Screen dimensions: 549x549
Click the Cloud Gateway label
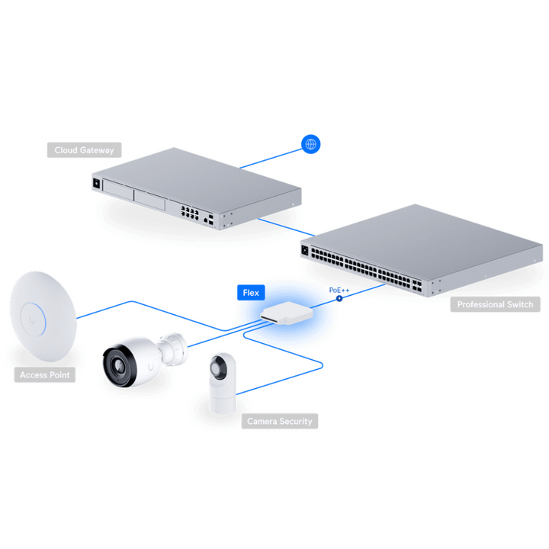point(85,150)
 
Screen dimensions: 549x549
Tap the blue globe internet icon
point(310,144)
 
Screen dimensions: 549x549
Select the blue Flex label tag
point(251,293)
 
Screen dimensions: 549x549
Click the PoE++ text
point(339,291)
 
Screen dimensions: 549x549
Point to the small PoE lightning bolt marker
point(339,299)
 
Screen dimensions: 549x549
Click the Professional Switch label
point(495,304)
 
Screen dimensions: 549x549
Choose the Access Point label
point(45,374)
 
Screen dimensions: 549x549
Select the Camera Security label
point(280,421)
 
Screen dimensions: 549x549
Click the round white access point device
point(43,316)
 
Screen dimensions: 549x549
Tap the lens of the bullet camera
point(118,365)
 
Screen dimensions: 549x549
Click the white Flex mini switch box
point(287,313)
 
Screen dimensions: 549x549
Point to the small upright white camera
point(223,383)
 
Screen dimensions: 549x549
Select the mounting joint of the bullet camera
point(172,349)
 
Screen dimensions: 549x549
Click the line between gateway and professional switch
point(286,227)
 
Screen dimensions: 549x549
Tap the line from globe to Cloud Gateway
point(271,159)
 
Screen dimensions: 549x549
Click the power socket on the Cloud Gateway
point(97,183)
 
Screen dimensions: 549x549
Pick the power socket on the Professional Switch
point(304,250)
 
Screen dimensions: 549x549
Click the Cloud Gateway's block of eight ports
point(189,212)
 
